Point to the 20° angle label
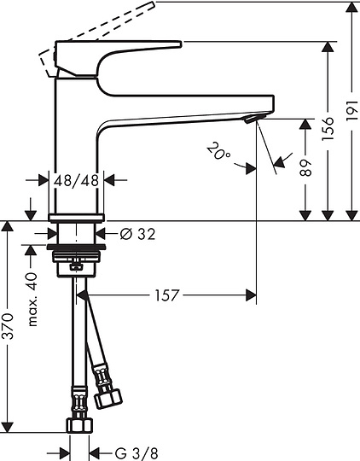click(218, 153)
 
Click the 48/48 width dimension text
click(78, 180)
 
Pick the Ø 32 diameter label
click(137, 233)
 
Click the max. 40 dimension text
click(33, 300)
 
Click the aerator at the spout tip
click(251, 120)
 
